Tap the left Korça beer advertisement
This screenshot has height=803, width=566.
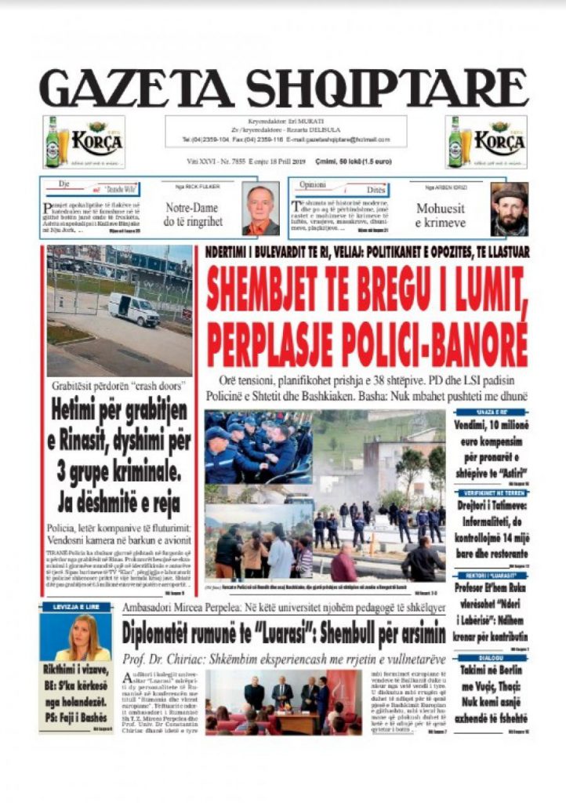click(x=83, y=142)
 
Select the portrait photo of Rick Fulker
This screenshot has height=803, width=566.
click(x=260, y=209)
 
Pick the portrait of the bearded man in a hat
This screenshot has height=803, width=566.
click(x=509, y=209)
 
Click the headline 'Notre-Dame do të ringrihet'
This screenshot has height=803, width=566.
click(x=193, y=215)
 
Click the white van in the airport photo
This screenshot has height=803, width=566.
click(x=133, y=309)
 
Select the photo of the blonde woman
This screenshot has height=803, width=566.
click(x=76, y=638)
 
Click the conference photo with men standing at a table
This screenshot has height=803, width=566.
click(x=284, y=700)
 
